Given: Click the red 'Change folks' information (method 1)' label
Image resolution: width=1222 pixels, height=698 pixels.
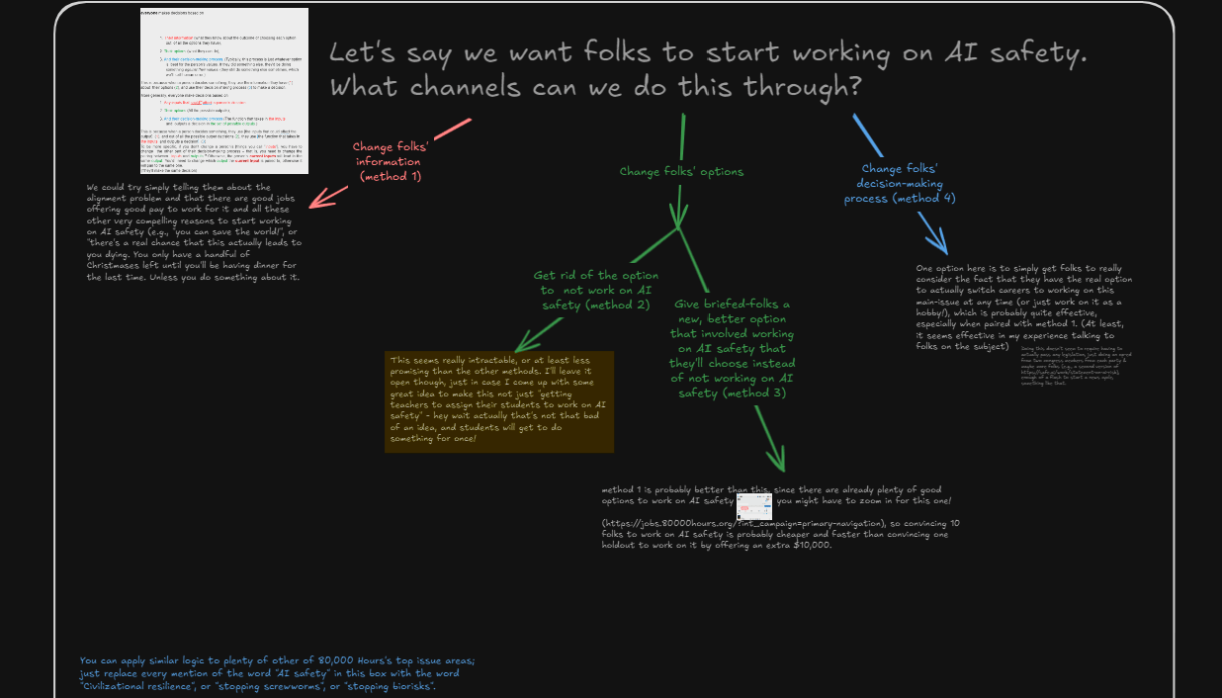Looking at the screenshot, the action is (x=391, y=161).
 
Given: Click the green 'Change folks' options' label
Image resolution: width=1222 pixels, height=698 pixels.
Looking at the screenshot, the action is (x=681, y=172).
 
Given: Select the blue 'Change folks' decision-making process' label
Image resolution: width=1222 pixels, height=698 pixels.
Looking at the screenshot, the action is (x=899, y=183).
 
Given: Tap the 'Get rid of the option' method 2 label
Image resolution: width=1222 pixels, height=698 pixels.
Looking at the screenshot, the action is (x=595, y=291).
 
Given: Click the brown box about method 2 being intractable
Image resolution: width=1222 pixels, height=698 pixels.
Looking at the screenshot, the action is (x=498, y=401).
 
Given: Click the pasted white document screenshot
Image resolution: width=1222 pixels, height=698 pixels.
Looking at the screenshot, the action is (x=223, y=91).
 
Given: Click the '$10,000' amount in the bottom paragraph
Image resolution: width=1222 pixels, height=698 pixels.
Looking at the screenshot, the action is (x=808, y=547).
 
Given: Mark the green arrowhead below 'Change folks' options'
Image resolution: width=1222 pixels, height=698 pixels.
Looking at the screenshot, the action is (x=678, y=218).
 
